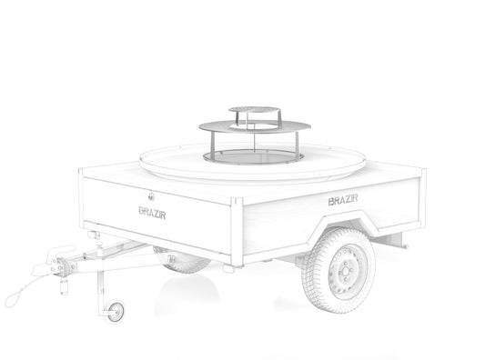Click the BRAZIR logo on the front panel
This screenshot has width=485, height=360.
coord(152,213)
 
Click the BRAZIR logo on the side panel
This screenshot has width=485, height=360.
coord(343,200)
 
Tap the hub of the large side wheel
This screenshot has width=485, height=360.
coord(345,272)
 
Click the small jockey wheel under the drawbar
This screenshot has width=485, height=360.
coord(114,311)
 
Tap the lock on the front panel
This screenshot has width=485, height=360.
coord(151,196)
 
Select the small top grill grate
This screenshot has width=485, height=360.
coord(255,110)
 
